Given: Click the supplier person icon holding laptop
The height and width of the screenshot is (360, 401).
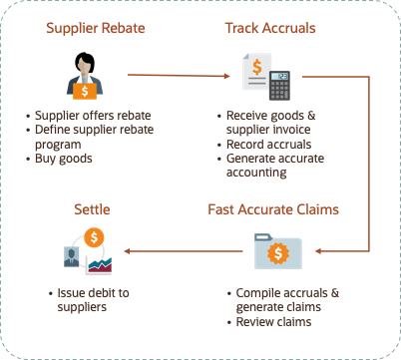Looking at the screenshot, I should [84, 76].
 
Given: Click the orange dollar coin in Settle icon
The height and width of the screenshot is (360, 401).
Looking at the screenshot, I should [96, 237].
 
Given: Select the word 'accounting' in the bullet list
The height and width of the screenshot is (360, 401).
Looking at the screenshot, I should [257, 172].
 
